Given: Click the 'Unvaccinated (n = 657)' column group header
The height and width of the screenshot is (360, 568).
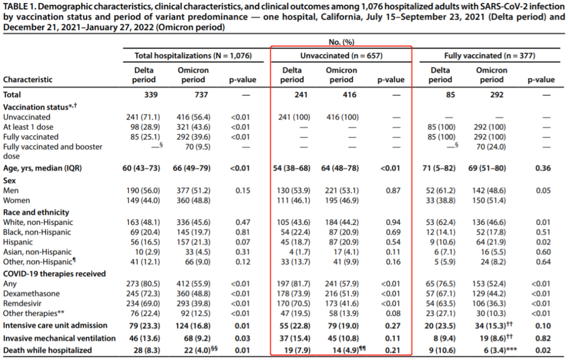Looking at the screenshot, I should click(x=341, y=55).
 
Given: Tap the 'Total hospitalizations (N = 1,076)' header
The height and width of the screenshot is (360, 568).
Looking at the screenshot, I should click(x=193, y=55).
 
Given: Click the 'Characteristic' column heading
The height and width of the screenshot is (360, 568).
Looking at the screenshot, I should click(x=28, y=80).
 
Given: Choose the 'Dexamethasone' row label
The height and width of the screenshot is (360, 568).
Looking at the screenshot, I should click(x=32, y=294).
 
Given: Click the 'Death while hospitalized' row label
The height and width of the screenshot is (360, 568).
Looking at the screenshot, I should click(x=47, y=350).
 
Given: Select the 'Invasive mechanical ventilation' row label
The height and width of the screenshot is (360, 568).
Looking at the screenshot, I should click(x=59, y=338).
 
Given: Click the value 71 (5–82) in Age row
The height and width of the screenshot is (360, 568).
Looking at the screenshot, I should click(x=440, y=168).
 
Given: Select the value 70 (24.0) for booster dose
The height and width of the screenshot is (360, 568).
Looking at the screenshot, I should click(x=491, y=147).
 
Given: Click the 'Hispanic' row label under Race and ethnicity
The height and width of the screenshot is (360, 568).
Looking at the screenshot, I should click(x=19, y=242).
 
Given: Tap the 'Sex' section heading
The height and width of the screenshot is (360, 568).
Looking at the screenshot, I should click(x=10, y=181).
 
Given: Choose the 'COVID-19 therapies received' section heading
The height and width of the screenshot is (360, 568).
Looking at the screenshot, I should click(x=55, y=274).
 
